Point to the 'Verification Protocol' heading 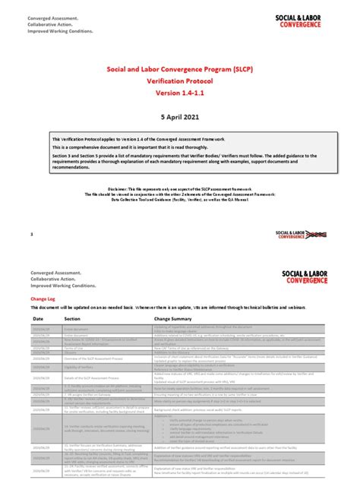click(x=179, y=80)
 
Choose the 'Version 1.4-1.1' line click(x=179, y=93)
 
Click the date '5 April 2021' click(x=179, y=118)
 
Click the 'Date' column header click(x=38, y=319)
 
